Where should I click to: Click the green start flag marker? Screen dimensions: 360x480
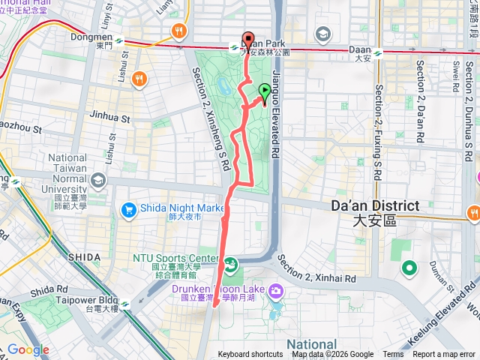pos(264,92)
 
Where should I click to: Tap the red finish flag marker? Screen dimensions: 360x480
pos(248,40)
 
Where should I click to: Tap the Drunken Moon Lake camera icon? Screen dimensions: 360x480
pos(276,289)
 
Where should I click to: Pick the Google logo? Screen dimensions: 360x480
pos(28,349)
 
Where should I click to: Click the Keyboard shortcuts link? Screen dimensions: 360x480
pos(250,355)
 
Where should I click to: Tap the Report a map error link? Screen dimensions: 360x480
pos(445,355)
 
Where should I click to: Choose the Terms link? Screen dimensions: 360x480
pos(393,355)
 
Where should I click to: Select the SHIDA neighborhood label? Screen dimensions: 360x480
pos(83,256)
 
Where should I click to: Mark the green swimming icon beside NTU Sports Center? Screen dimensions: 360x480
pos(230,263)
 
